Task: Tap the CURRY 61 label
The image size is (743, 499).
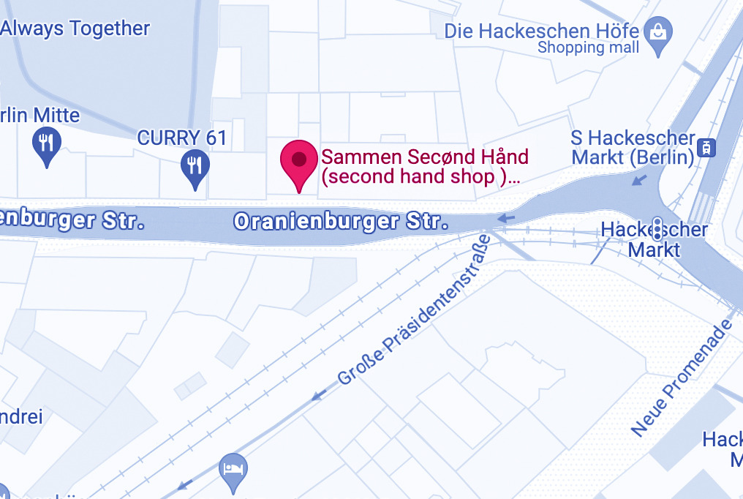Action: tap(182, 138)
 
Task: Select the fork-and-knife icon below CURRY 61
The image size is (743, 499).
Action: tap(195, 167)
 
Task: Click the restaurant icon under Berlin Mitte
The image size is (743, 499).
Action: tap(47, 143)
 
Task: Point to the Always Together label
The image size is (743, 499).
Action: tap(75, 29)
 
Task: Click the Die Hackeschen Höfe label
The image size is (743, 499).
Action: tap(542, 31)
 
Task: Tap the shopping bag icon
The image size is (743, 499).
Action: tap(658, 34)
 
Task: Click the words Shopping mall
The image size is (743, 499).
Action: tap(588, 48)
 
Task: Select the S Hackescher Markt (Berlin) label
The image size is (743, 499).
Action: tap(633, 147)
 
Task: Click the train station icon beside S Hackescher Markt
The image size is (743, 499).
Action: tap(707, 147)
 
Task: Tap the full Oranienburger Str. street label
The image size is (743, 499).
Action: tap(340, 221)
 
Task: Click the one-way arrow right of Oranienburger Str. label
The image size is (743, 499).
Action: tap(506, 218)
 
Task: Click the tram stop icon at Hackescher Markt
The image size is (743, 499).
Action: tap(657, 228)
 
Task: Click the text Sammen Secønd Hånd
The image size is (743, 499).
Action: tap(425, 157)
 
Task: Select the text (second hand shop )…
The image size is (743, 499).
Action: tap(421, 176)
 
